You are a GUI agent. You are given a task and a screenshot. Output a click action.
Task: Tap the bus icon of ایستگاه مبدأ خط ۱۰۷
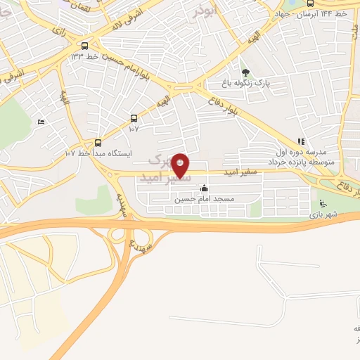coord(98,141)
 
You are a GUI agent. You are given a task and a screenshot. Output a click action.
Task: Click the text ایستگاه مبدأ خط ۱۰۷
coord(103,153)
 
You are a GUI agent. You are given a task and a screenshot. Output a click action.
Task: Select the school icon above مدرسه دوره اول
coord(301,141)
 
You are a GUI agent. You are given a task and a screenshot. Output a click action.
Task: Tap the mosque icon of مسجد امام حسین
coord(204,188)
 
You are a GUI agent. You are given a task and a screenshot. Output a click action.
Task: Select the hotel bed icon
coord(40,122)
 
